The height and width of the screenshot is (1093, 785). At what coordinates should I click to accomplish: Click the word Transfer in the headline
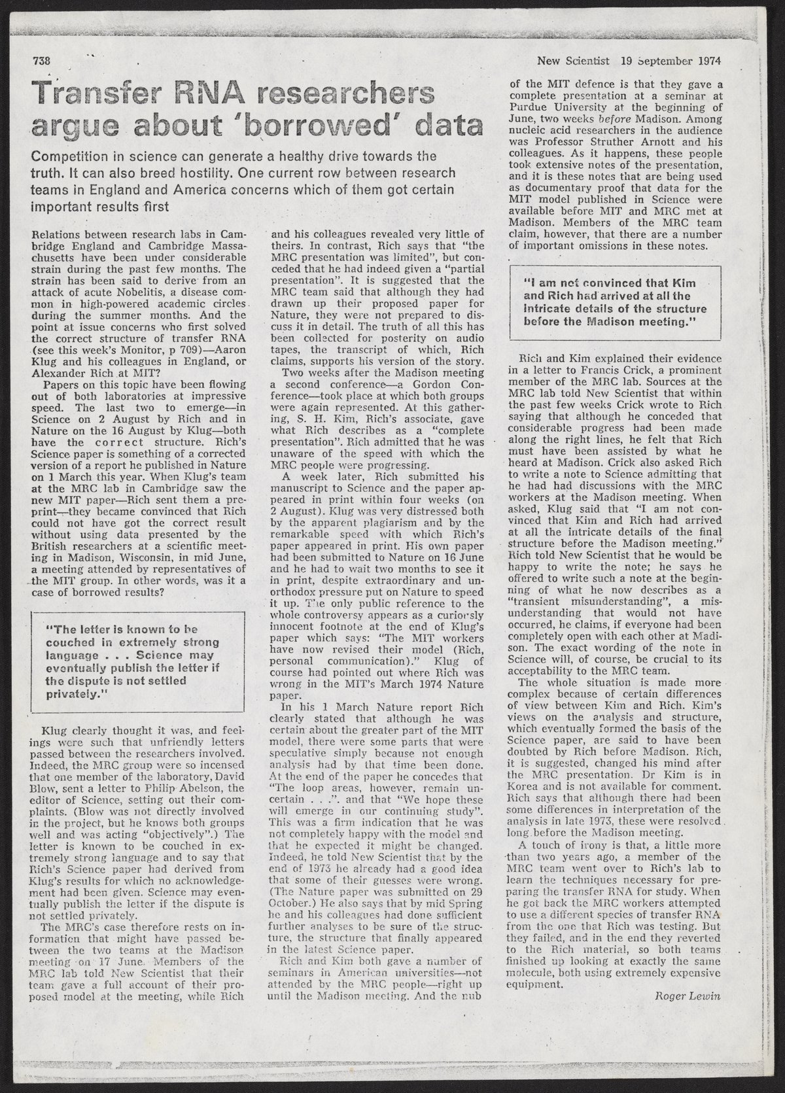90,97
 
